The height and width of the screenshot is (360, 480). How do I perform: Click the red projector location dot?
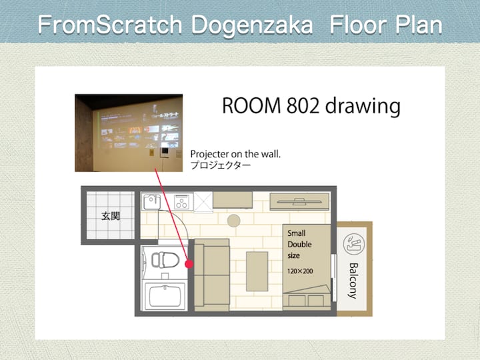coord(189,264)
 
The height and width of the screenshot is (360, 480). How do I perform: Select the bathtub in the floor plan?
coord(165,296)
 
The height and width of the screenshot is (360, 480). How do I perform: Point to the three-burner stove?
coord(181,202)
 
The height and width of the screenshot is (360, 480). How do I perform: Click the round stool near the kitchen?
coord(233,221)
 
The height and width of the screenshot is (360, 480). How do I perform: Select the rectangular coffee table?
coord(257,271)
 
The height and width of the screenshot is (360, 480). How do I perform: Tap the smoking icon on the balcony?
coord(354,244)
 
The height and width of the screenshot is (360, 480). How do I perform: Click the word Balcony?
coord(353,281)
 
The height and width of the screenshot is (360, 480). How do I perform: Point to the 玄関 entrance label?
coord(111,216)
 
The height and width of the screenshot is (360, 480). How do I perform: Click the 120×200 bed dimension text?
coord(300,271)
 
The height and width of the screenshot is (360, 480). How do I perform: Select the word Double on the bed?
coord(299,244)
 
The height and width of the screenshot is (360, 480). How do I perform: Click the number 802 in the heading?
coord(302,105)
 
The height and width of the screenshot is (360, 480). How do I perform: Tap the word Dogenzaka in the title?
coord(252,25)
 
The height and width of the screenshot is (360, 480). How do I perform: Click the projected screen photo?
coord(129,133)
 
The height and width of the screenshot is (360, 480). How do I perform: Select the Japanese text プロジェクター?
coord(221,165)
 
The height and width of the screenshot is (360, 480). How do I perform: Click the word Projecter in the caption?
coord(210,154)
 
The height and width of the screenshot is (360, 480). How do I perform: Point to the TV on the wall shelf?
coord(299,202)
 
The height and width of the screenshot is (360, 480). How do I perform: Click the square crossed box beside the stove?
coord(203,202)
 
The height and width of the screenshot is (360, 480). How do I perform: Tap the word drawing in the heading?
coord(363,107)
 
